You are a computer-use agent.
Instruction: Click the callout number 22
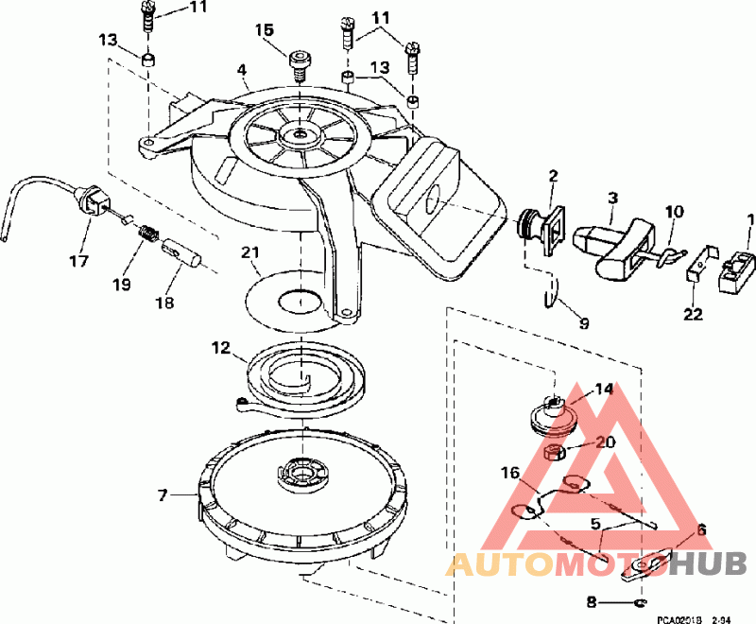click(x=694, y=313)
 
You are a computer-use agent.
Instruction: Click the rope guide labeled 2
click(x=541, y=225)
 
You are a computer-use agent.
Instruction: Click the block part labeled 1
click(x=737, y=269)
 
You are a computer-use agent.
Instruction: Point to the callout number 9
click(x=583, y=322)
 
